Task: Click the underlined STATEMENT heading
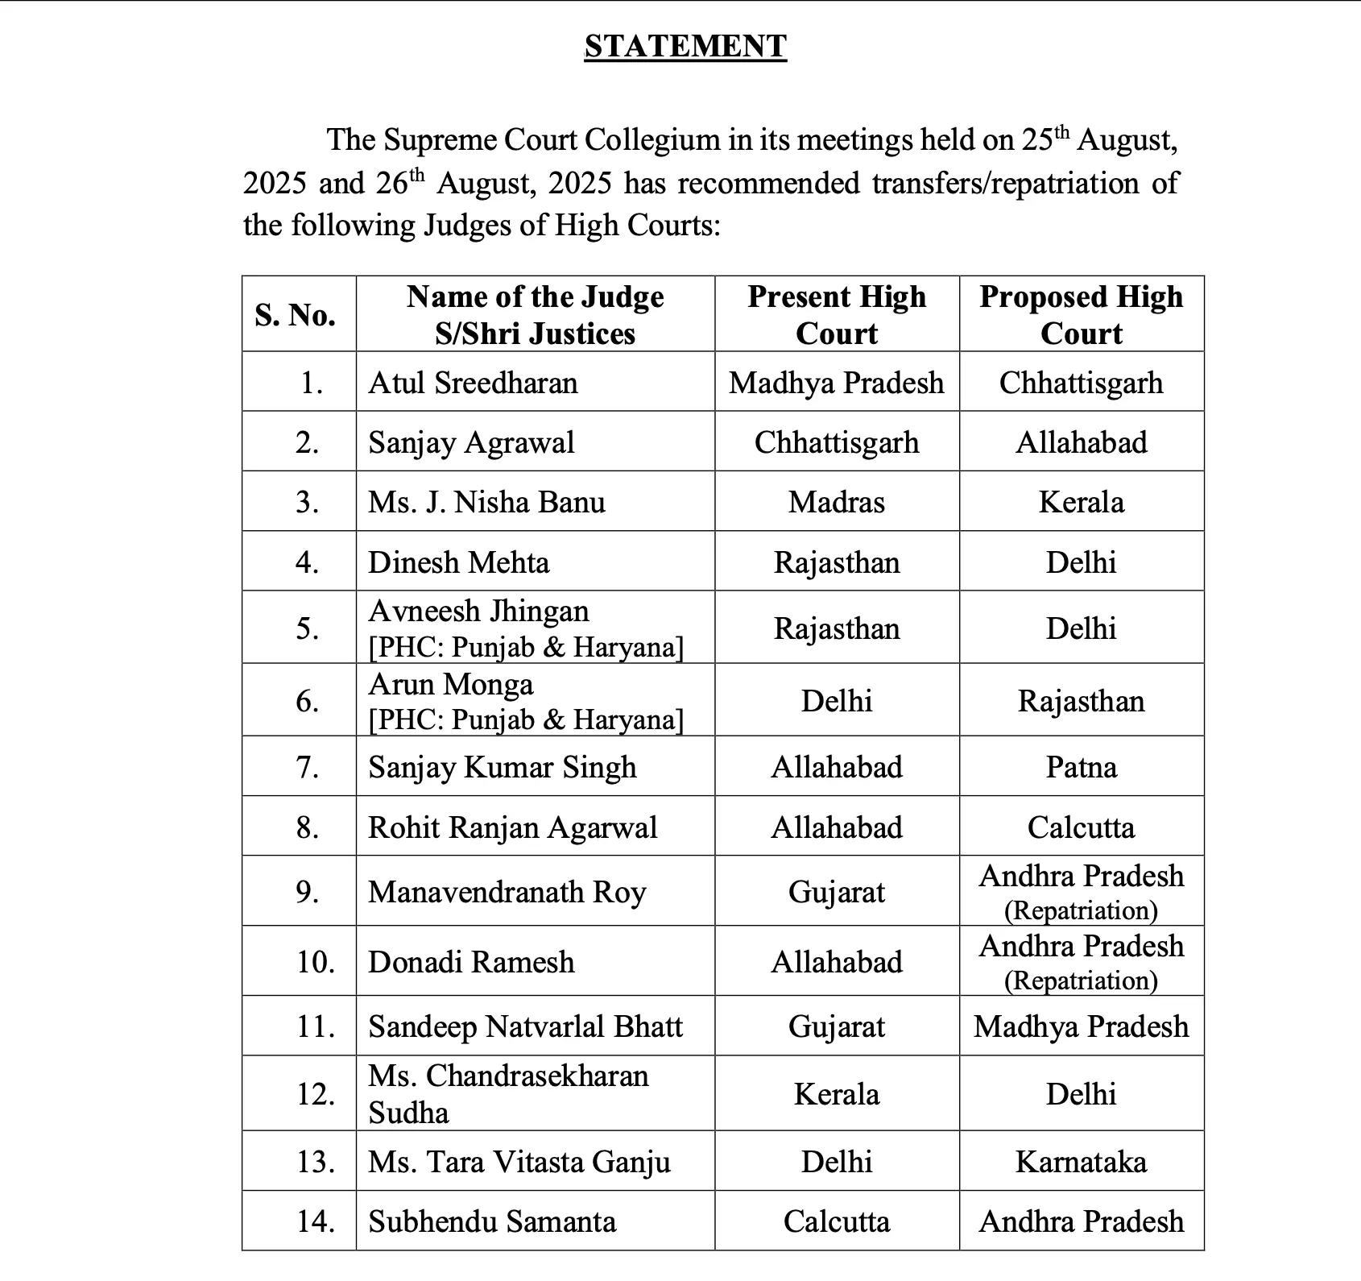685,46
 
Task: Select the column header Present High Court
837,314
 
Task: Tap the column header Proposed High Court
1081,314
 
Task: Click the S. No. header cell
295,314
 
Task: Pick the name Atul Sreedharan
473,383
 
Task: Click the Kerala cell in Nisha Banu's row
1081,502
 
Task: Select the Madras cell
837,502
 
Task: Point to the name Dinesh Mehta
458,562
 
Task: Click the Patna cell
1081,767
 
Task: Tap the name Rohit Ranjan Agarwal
512,827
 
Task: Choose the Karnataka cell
1081,1162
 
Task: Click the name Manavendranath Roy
507,892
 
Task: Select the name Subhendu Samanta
492,1221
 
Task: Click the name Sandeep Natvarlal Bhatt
525,1026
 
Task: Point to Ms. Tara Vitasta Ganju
519,1162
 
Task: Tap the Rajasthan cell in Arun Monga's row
1081,701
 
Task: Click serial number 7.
308,767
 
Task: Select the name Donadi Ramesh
471,962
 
